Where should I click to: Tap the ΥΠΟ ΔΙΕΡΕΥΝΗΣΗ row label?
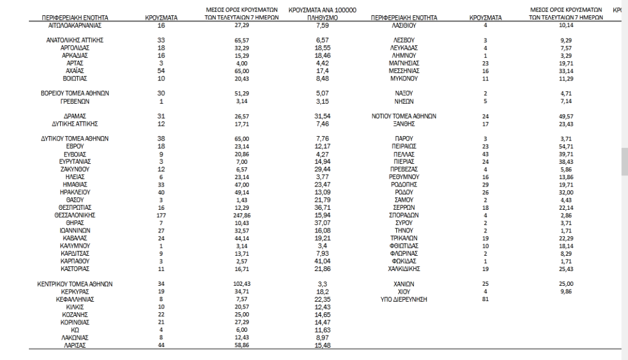pyautogui.click(x=403, y=300)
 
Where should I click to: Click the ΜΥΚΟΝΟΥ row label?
pyautogui.click(x=403, y=79)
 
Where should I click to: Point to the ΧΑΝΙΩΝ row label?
pyautogui.click(x=403, y=284)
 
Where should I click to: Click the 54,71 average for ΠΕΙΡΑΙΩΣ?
pyautogui.click(x=566, y=147)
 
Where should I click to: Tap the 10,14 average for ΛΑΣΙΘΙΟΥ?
pyautogui.click(x=566, y=26)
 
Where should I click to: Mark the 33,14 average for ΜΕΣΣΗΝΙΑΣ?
pyautogui.click(x=566, y=71)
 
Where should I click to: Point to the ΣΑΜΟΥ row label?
pyautogui.click(x=403, y=200)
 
